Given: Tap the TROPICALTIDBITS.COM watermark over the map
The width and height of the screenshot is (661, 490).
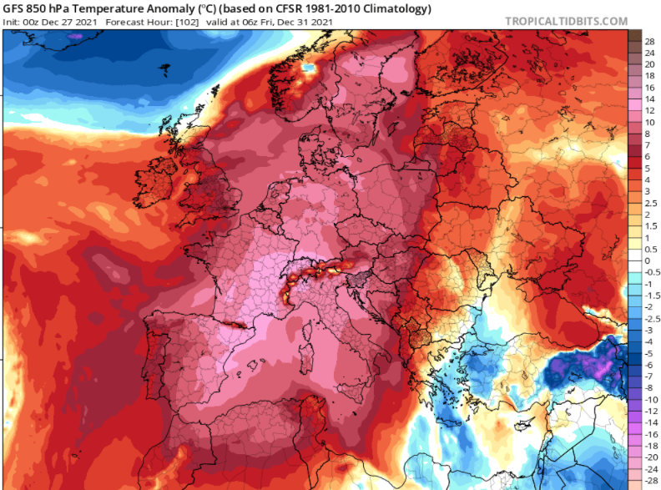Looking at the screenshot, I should coord(564,388).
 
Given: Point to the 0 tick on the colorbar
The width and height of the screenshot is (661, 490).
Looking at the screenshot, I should coord(645,260).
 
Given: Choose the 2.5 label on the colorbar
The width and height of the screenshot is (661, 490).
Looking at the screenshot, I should coord(648,203).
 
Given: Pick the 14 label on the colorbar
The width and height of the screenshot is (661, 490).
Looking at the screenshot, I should coord(646,98).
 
